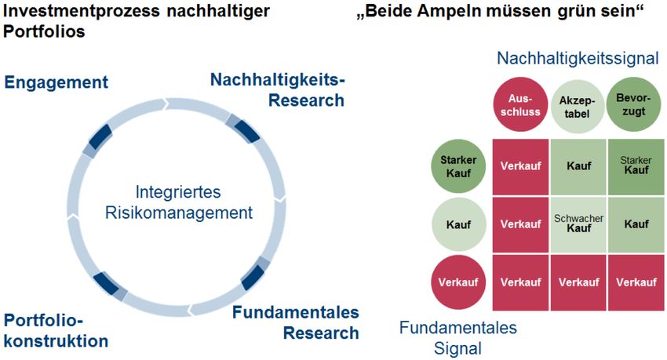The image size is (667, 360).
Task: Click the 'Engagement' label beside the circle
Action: click(x=56, y=82)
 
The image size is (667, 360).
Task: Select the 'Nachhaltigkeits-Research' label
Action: click(x=278, y=89)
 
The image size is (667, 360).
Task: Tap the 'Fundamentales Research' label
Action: click(x=295, y=322)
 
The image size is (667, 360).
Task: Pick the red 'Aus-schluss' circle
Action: click(x=517, y=105)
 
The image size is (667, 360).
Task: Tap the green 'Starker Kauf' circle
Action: click(x=458, y=166)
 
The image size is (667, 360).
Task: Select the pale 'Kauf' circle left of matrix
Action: click(x=458, y=224)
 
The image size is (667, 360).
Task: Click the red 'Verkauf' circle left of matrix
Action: click(x=458, y=282)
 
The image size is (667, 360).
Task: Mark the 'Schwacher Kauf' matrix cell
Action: click(x=579, y=224)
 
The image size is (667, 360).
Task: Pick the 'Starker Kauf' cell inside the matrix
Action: click(x=636, y=166)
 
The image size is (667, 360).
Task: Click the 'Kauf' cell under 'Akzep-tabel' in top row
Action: click(x=579, y=166)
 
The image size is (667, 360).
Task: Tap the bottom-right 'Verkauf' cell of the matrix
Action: click(x=636, y=282)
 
